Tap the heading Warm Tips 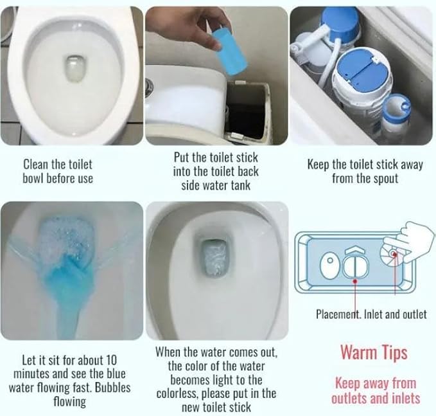click(x=374, y=353)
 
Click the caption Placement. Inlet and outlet click(x=371, y=314)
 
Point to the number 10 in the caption click(x=111, y=360)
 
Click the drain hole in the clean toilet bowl click(x=74, y=68)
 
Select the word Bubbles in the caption click(x=112, y=388)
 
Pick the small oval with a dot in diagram click(x=330, y=265)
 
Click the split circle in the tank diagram click(x=355, y=266)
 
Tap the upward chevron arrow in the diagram click(x=355, y=249)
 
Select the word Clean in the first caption click(x=33, y=165)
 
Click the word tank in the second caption click(x=240, y=186)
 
